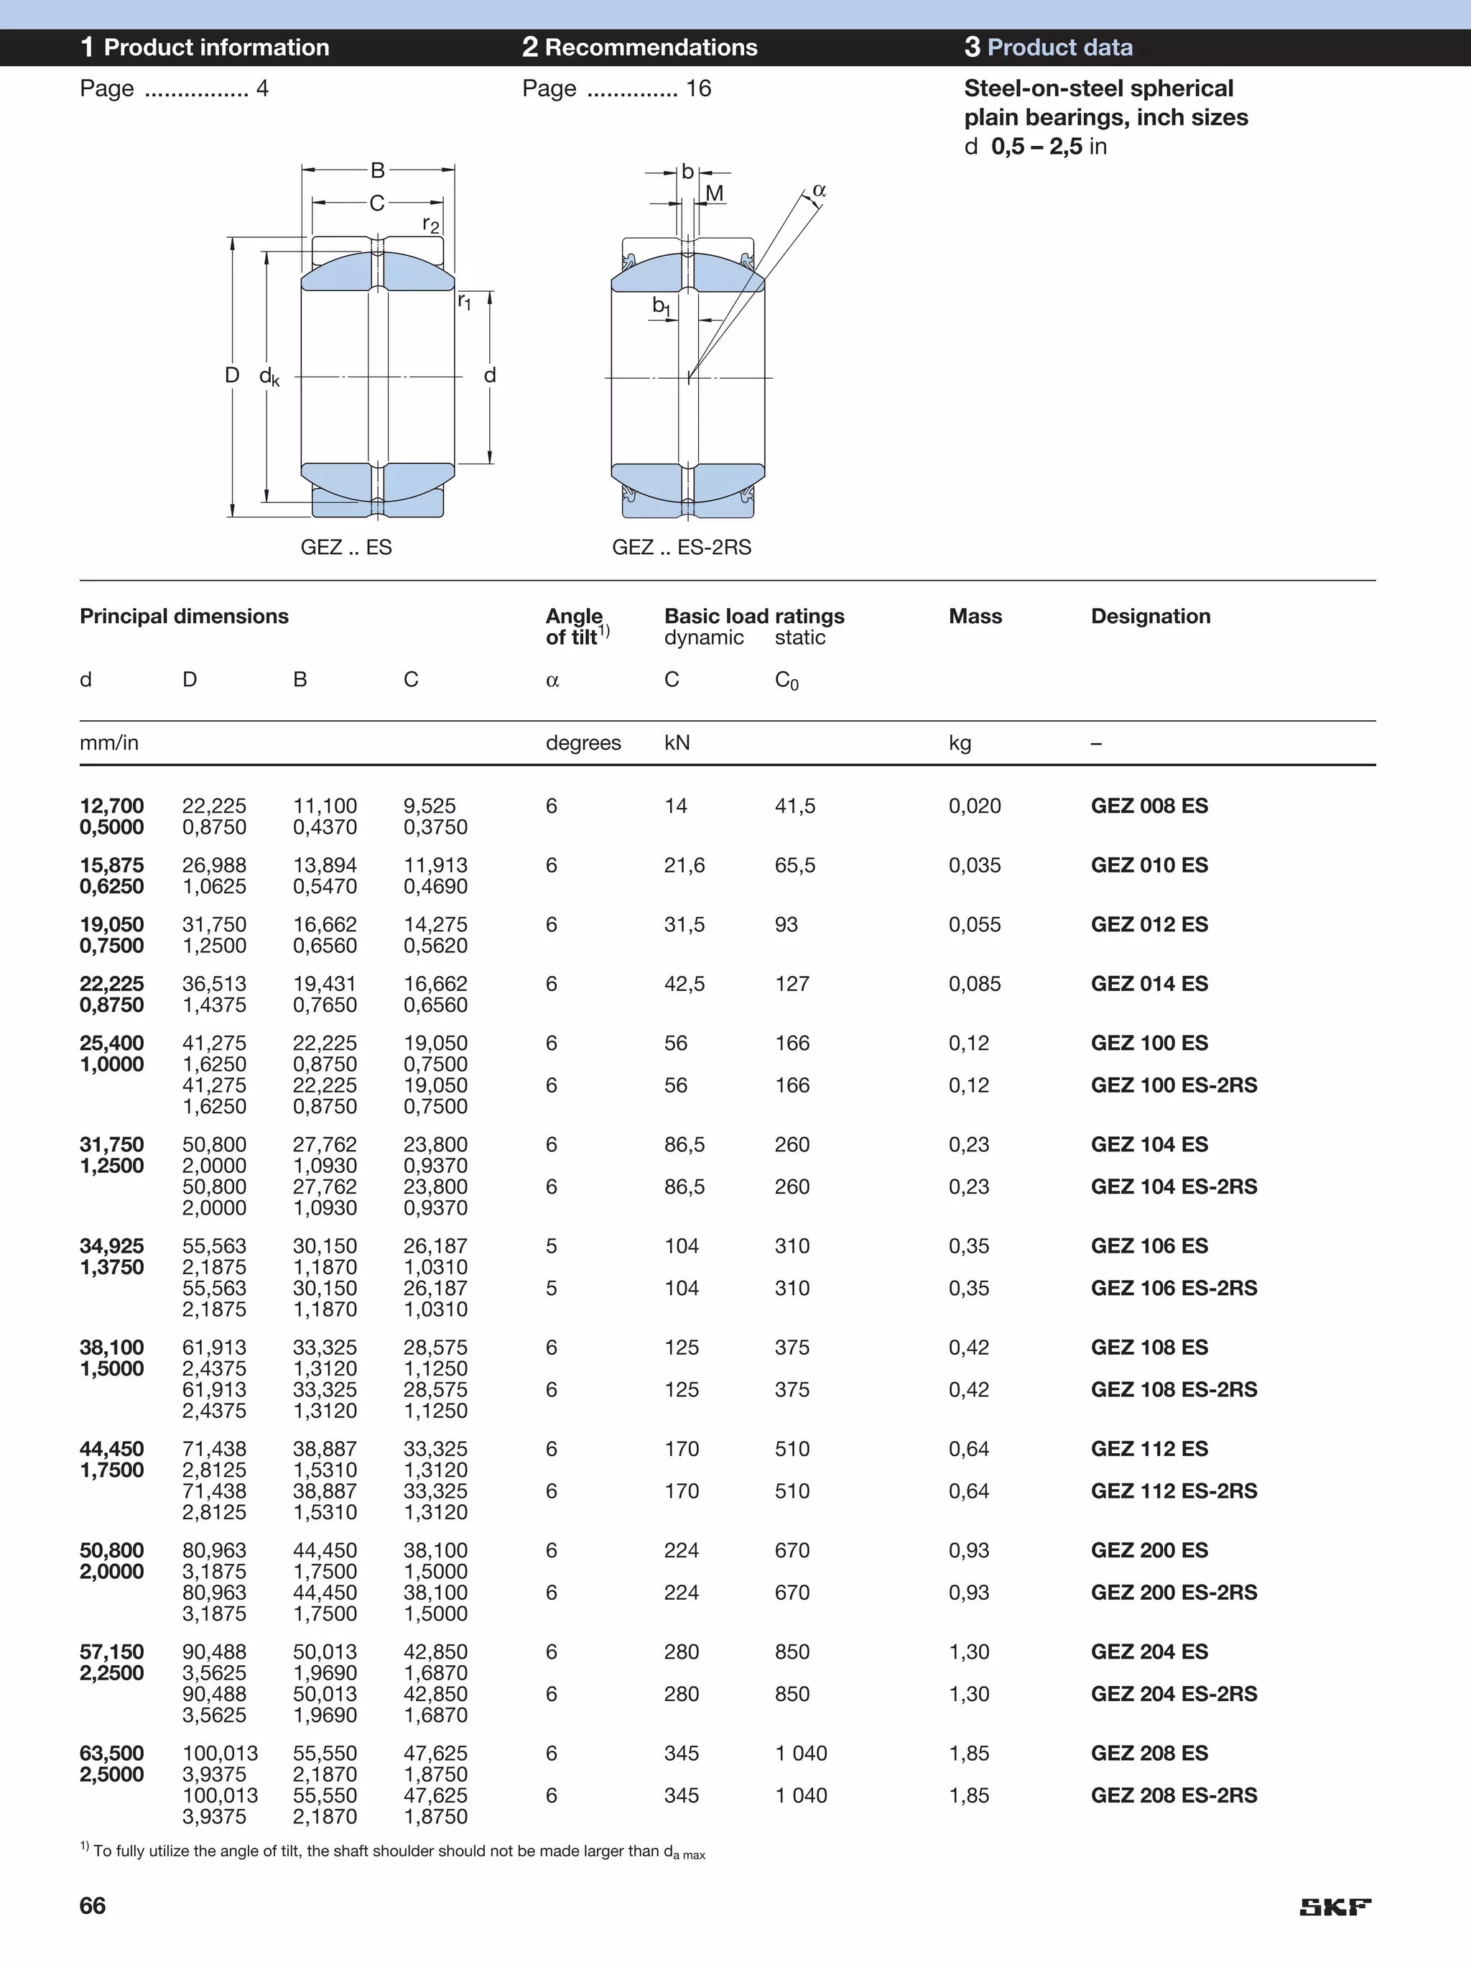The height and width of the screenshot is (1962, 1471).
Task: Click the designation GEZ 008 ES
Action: click(1149, 806)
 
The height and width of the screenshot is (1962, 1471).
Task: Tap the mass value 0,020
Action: click(975, 806)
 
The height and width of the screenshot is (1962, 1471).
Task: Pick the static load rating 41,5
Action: click(794, 806)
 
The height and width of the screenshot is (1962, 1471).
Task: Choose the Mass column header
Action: click(975, 616)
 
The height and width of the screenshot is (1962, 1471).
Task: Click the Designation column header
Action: click(1150, 616)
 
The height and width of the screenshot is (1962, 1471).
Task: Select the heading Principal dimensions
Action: click(184, 616)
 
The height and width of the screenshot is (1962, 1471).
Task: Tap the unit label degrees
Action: click(583, 742)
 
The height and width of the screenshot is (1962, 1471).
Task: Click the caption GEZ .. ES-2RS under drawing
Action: click(681, 546)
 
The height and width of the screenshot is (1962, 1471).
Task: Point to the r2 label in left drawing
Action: click(431, 224)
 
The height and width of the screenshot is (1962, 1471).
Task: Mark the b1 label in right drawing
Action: click(662, 306)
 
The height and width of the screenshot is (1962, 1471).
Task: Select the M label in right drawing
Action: click(715, 193)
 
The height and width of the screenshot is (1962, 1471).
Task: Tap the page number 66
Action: click(92, 1905)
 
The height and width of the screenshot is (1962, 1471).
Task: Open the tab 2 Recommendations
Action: click(639, 47)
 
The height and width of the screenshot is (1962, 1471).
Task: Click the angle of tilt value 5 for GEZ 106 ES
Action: click(552, 1245)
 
